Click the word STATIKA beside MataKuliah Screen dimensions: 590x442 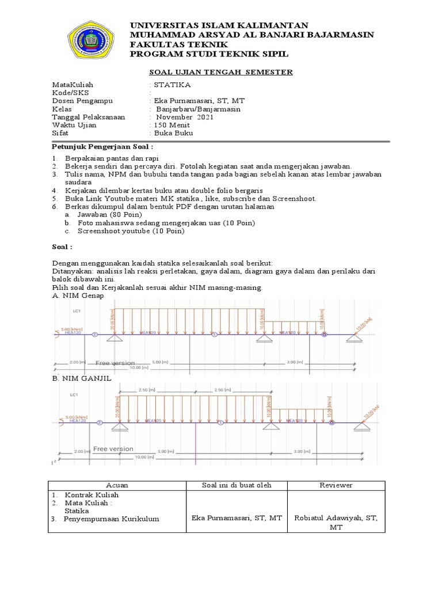click(x=167, y=84)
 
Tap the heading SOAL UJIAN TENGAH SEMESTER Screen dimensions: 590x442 click(x=221, y=72)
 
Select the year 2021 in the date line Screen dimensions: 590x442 click(x=205, y=117)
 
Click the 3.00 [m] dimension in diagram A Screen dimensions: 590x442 click(x=294, y=362)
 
